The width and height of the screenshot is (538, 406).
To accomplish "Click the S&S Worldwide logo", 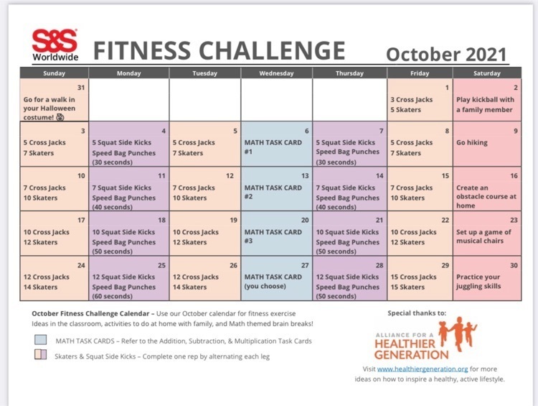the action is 55,45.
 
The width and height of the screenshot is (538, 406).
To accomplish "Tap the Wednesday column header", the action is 277,73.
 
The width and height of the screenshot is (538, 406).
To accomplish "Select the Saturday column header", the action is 487,73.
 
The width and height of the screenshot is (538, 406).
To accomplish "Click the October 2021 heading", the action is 446,55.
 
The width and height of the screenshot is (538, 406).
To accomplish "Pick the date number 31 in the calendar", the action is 81,88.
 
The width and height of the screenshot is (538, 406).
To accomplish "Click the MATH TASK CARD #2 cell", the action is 277,189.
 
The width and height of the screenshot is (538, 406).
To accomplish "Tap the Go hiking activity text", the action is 472,143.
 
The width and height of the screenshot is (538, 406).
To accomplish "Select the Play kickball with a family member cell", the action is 487,100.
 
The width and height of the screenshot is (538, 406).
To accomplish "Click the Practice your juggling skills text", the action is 478,282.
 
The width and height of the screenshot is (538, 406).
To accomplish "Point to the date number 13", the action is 305,176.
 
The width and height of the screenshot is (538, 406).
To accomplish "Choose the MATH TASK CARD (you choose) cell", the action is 277,278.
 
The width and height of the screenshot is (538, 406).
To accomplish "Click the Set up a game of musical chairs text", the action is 483,236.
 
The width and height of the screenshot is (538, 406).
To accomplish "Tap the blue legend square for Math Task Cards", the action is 40,340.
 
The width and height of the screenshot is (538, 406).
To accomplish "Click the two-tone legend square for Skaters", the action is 40,354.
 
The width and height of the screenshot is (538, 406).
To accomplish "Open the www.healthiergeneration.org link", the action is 423,369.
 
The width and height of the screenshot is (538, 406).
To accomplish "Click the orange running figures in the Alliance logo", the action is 458,332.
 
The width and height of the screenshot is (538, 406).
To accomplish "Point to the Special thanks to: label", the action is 417,313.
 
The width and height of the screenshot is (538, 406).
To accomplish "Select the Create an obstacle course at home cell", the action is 487,189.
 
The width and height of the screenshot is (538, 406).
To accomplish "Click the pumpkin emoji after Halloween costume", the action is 60,117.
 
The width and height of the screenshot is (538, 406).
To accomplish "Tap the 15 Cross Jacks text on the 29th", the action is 413,277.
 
